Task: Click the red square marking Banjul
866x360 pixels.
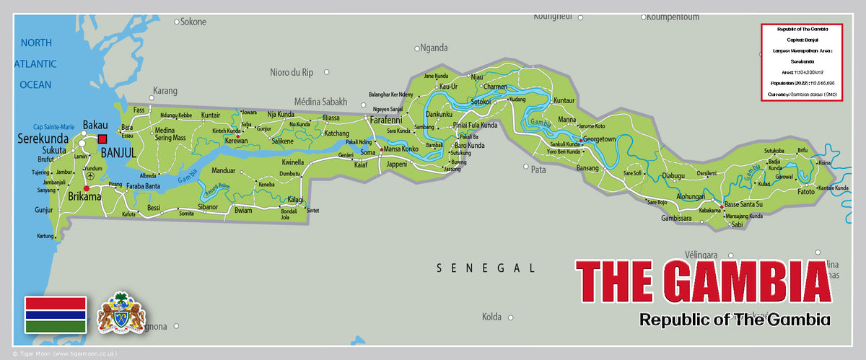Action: (x=102, y=139)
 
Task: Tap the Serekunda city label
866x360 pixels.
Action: (x=43, y=138)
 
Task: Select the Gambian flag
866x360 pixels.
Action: (x=56, y=314)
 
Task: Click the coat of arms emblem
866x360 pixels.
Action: (x=121, y=313)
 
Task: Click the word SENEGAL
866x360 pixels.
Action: (x=486, y=268)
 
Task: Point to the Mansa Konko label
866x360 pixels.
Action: (x=401, y=149)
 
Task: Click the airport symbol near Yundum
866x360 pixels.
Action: (x=89, y=175)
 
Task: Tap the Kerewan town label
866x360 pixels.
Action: (x=235, y=141)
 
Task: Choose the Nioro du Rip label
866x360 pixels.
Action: (x=292, y=72)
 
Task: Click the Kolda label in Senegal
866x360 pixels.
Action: (x=491, y=317)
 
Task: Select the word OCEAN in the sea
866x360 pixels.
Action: (x=35, y=84)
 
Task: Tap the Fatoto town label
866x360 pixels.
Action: (x=805, y=192)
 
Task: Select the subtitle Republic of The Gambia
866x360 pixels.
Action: (x=735, y=319)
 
